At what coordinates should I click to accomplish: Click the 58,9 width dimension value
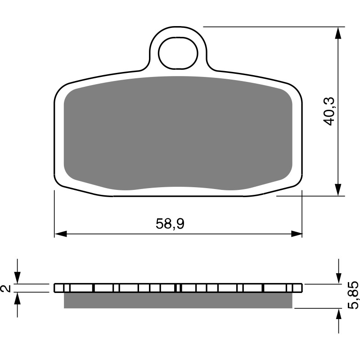pyautogui.click(x=170, y=224)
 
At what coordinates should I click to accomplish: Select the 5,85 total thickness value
pyautogui.click(x=353, y=295)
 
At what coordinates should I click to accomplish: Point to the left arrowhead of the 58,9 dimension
pyautogui.click(x=61, y=234)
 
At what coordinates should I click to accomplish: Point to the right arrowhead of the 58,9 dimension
pyautogui.click(x=296, y=234)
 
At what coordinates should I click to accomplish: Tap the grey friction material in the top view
pyautogui.click(x=178, y=133)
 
